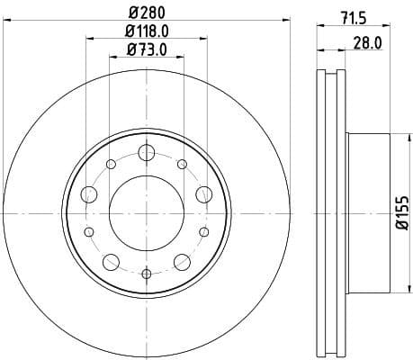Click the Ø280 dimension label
[147, 13]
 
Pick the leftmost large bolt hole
[89, 193]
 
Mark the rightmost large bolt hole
[203, 193]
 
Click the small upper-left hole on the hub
[112, 164]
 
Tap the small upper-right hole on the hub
[182, 164]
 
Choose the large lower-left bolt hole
[111, 262]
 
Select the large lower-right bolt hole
[183, 262]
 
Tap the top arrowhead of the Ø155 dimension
[391, 139]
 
